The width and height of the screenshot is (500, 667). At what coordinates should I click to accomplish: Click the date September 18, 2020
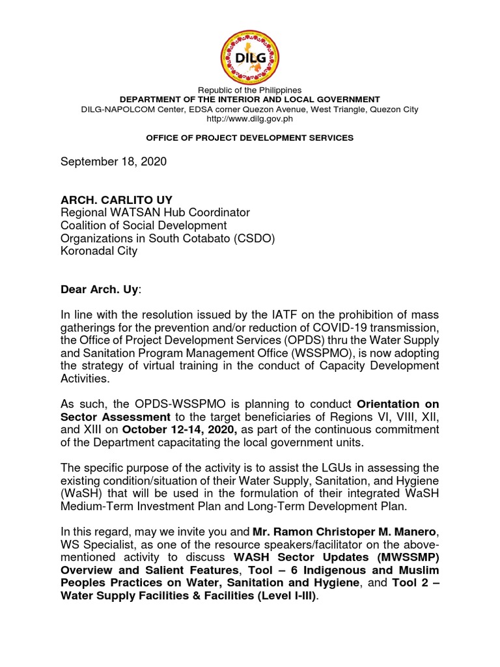[114, 162]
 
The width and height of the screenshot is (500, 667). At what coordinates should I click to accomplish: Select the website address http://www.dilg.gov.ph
[250, 119]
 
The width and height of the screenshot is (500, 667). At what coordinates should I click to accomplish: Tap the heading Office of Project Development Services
[250, 138]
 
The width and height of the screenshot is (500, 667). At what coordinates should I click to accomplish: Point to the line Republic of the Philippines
[250, 90]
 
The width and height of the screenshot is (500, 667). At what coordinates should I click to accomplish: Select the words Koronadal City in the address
[99, 251]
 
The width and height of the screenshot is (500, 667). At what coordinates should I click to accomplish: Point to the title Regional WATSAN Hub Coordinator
[155, 212]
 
